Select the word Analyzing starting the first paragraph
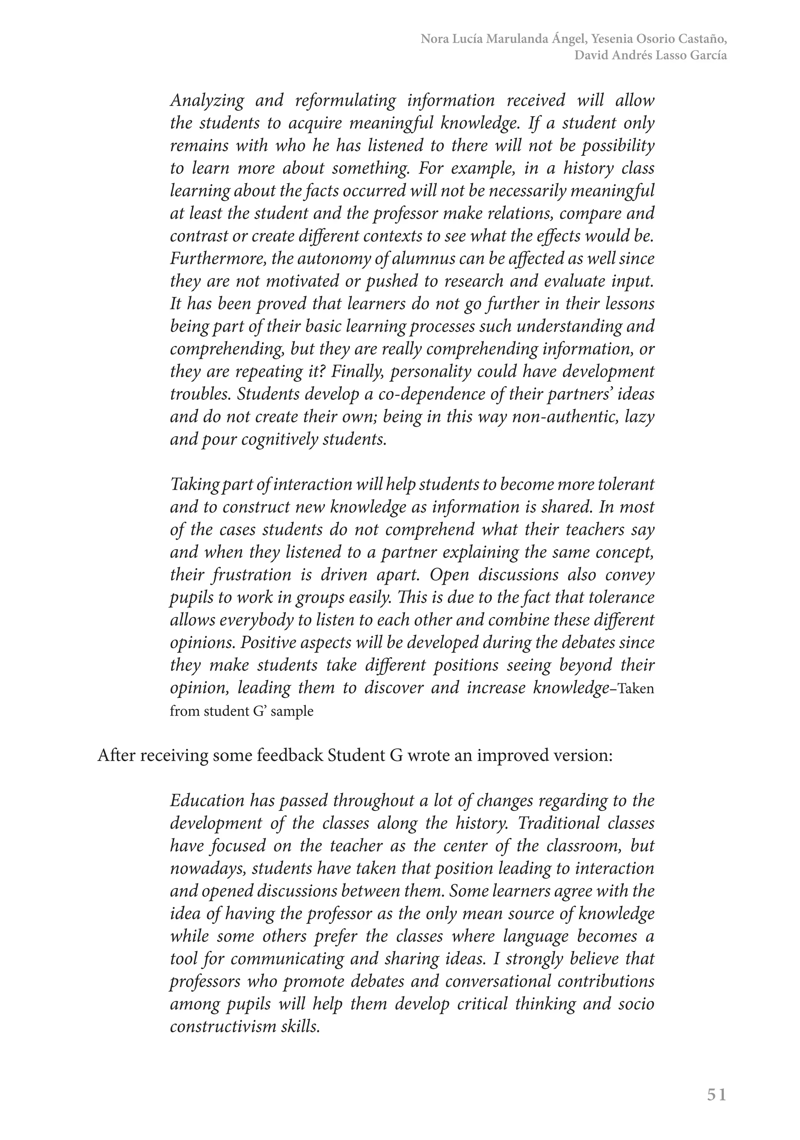[x=207, y=101]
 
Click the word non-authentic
[x=563, y=417]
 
